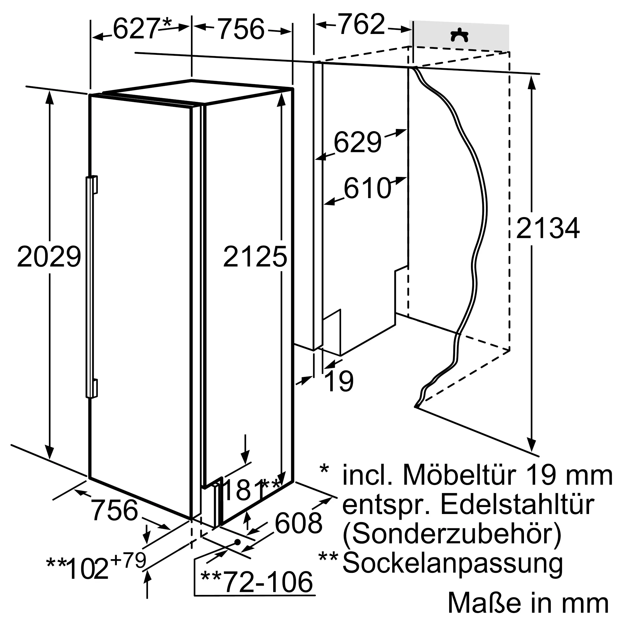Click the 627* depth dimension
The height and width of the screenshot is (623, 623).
(x=142, y=28)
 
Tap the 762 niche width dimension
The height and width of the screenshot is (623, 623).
(x=361, y=25)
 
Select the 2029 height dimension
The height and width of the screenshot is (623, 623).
(x=49, y=257)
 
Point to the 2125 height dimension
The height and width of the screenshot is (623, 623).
(x=255, y=257)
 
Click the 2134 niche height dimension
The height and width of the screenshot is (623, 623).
(x=548, y=228)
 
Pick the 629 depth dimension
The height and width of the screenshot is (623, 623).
(x=357, y=142)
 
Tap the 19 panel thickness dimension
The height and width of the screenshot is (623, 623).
(x=340, y=381)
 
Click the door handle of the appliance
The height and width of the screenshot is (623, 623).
(x=91, y=287)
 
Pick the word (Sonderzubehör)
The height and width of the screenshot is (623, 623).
(x=452, y=534)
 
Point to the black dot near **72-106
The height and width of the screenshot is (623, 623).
(x=238, y=542)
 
